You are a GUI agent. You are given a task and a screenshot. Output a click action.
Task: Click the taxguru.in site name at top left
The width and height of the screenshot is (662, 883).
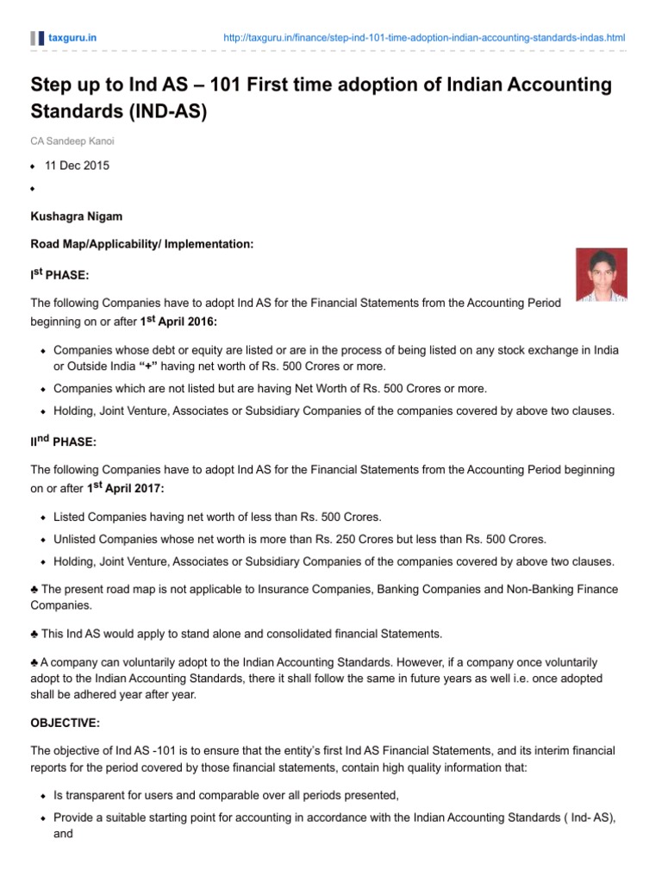click(72, 38)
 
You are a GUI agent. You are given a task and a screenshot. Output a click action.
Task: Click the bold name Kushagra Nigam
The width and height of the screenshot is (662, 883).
click(76, 216)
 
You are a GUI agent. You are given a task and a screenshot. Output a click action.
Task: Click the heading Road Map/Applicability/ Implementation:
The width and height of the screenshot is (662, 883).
click(142, 244)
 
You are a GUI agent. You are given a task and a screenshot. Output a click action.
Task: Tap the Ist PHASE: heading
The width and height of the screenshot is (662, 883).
click(59, 275)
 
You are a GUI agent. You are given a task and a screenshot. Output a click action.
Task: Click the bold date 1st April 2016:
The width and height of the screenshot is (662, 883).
click(179, 321)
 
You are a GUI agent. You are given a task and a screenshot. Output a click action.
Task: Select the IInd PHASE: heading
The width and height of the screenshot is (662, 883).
click(64, 441)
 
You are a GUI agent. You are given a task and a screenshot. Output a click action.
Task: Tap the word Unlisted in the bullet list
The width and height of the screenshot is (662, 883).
click(76, 539)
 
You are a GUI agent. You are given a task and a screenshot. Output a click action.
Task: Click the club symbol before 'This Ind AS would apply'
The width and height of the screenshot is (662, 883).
click(34, 634)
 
